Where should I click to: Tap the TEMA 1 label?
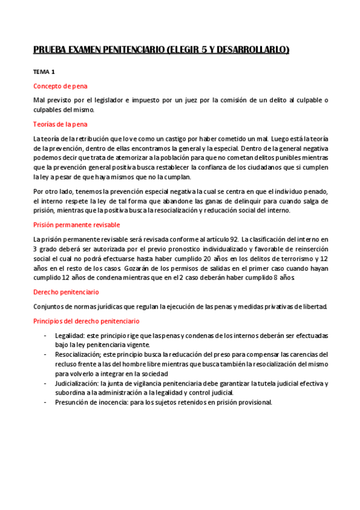tap(43, 72)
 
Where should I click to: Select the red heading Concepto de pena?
tap(60, 86)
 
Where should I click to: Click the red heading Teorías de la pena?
tap(60, 124)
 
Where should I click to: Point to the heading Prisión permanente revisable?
tap(76, 225)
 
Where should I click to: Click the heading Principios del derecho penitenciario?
tap(86, 321)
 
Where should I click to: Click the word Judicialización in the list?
tap(76, 383)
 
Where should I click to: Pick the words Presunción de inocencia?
tap(94, 402)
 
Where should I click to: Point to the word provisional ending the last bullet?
tap(255, 402)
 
